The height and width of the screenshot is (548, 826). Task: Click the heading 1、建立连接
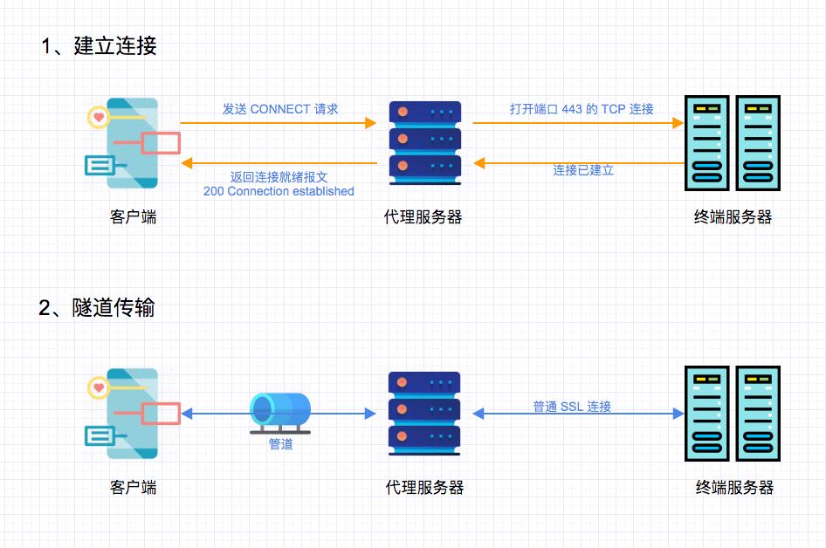point(99,46)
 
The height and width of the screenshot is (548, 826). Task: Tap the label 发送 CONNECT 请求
point(279,109)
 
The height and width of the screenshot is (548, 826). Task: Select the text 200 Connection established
point(279,191)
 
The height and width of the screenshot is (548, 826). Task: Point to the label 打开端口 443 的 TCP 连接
point(582,109)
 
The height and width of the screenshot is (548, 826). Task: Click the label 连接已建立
point(583,170)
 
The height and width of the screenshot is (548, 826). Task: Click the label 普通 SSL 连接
point(572,407)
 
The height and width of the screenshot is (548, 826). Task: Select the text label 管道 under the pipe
point(280,444)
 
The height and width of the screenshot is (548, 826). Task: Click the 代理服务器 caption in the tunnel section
point(424,488)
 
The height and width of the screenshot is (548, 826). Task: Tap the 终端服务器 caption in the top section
point(733,217)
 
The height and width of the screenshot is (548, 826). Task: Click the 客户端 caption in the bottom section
point(134,488)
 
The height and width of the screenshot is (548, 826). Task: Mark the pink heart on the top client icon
point(100,116)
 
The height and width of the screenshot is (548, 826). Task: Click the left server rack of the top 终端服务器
point(707,142)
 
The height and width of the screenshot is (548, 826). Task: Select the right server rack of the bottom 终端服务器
point(757,413)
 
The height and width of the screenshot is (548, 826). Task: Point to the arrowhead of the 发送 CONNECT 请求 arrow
point(371,123)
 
